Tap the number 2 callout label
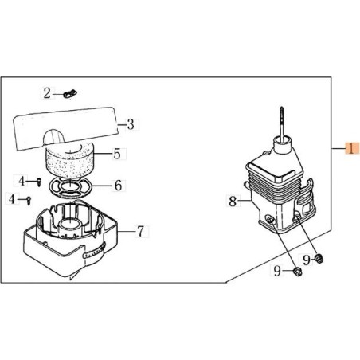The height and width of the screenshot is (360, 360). [47, 93]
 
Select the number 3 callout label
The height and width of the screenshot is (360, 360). [131, 124]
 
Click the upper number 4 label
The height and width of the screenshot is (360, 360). [22, 181]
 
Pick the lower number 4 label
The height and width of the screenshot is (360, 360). [11, 199]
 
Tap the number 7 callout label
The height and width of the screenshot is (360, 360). [140, 231]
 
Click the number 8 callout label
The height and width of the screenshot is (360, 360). [233, 201]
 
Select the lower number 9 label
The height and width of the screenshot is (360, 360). [277, 271]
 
